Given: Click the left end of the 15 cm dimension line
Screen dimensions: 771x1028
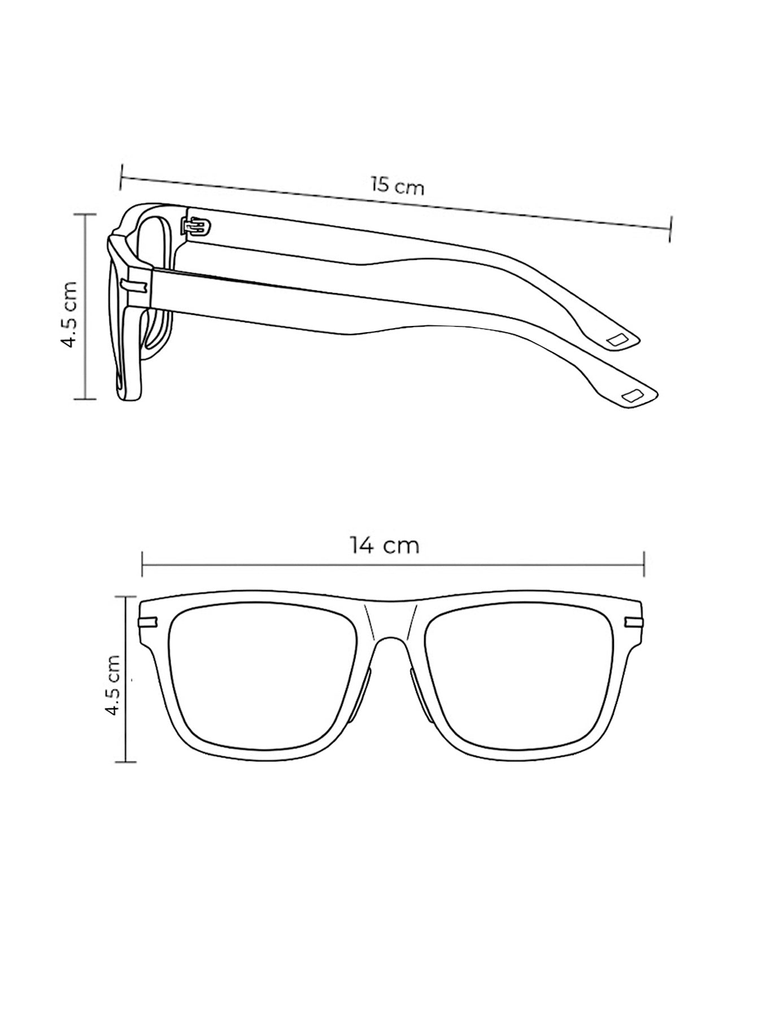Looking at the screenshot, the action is [120, 177].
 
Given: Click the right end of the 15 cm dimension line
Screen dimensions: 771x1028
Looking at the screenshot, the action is [670, 229].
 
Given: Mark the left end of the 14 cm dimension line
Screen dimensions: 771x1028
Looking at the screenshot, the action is [142, 563].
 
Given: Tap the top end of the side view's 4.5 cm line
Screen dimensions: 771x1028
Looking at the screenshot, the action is [86, 214].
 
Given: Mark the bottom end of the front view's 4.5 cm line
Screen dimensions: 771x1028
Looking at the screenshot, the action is [126, 762].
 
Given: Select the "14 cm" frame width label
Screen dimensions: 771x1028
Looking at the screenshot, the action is [384, 546].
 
